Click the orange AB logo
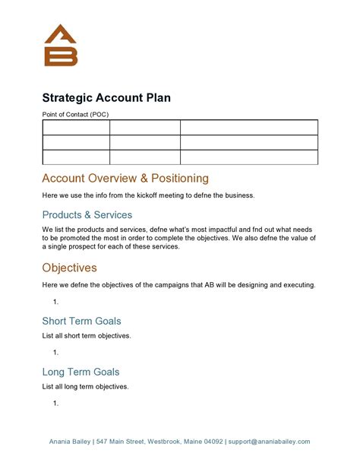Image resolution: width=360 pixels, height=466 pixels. (x=61, y=46)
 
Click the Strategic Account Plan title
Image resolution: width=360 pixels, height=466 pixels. (x=106, y=97)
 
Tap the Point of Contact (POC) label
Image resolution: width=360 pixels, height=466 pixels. (x=76, y=114)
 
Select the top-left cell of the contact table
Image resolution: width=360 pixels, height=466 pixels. (x=76, y=127)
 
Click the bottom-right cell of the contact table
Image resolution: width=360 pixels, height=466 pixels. (x=248, y=157)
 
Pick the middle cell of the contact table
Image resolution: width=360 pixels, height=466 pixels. (x=144, y=142)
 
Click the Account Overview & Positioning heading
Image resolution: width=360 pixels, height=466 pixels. (x=125, y=179)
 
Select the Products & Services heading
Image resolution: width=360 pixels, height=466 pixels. (x=87, y=214)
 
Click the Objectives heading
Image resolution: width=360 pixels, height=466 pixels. (x=69, y=268)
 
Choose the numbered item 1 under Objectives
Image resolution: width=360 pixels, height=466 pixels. (x=56, y=302)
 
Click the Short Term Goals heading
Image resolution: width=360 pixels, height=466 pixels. (x=81, y=321)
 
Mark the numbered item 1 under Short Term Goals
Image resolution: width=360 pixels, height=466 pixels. (x=56, y=353)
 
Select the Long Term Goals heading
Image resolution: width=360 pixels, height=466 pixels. (x=81, y=372)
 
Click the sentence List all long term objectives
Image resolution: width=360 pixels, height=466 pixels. (x=85, y=386)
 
